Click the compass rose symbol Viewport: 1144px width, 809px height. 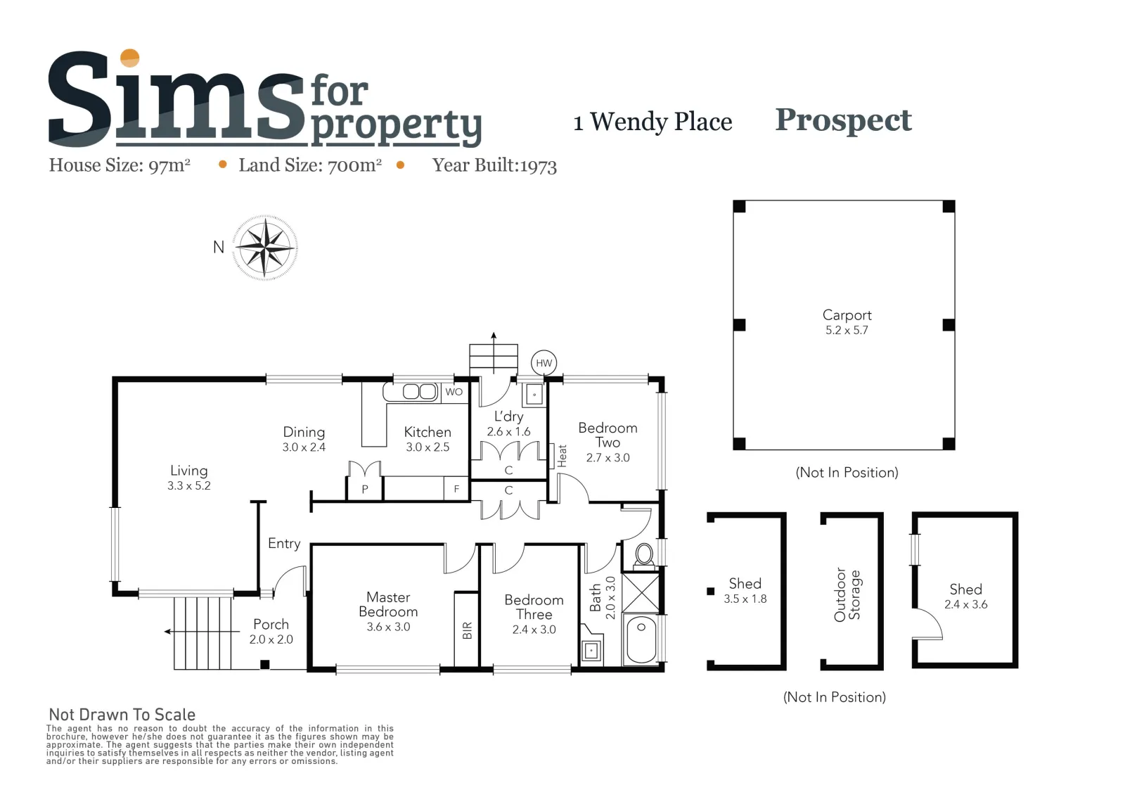[265, 248]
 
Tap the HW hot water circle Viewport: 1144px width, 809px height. [544, 364]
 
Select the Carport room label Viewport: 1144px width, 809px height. [847, 315]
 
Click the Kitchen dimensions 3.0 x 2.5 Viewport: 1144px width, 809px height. [428, 447]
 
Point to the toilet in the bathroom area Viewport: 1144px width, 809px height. [644, 556]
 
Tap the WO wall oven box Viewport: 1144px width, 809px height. [454, 392]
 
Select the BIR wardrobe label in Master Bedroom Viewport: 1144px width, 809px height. [468, 630]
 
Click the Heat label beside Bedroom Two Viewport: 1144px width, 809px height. [562, 456]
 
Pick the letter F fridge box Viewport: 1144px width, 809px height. [456, 489]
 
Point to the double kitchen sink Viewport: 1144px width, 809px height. [420, 392]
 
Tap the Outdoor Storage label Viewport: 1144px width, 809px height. [847, 595]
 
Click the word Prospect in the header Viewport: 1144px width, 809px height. [843, 121]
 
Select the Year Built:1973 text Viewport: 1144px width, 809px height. [494, 165]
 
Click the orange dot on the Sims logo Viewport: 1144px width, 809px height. [130, 58]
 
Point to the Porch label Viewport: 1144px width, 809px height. [271, 624]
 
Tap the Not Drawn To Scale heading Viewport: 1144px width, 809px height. [122, 715]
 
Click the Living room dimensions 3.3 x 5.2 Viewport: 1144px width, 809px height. [189, 485]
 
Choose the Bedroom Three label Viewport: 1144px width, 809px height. [534, 607]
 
